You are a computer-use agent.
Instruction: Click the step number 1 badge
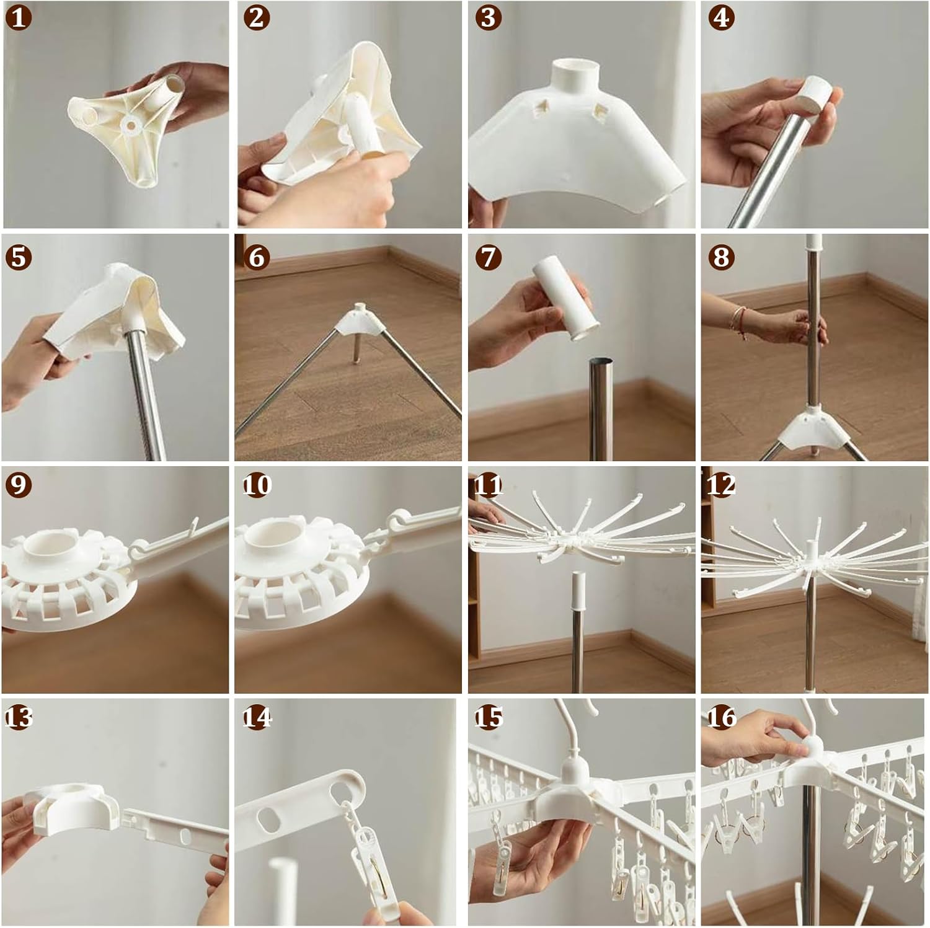click(x=18, y=18)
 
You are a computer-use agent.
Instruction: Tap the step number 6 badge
click(x=256, y=256)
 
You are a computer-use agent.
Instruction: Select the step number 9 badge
click(x=18, y=484)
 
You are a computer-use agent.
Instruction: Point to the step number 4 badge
click(x=721, y=18)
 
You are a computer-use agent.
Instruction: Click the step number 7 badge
click(x=488, y=256)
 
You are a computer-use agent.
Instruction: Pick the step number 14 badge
click(x=256, y=717)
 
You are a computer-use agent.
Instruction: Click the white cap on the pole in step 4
click(x=812, y=92)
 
